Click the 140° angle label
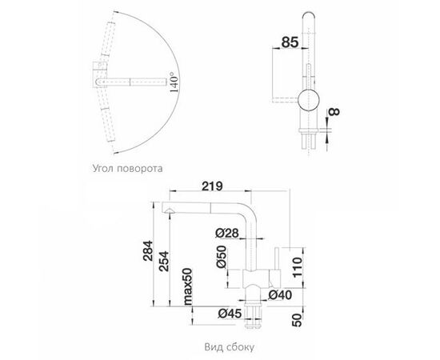pos(172,81)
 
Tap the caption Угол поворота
pos(124,170)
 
